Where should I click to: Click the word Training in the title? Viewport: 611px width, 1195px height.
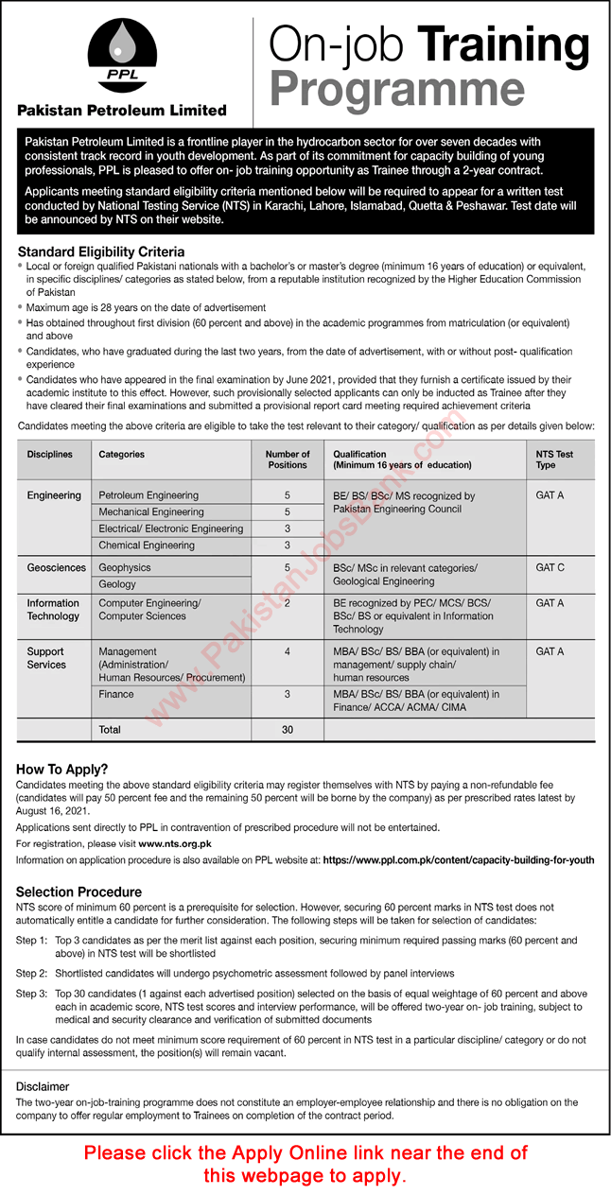point(503,45)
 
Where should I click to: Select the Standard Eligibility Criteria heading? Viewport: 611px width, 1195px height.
point(101,252)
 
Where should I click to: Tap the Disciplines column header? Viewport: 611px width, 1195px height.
point(50,455)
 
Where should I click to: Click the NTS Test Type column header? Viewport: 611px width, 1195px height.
point(554,459)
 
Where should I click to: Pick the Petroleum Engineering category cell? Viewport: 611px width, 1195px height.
point(148,495)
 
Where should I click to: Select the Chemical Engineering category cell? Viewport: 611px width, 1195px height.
point(147,546)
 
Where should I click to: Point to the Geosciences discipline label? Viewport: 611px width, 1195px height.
point(57,567)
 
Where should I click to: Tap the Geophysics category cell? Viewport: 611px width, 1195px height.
point(125,567)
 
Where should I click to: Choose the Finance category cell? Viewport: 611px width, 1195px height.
point(116,694)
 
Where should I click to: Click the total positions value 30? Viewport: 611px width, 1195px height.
point(288,730)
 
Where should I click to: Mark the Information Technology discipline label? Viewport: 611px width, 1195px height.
point(53,610)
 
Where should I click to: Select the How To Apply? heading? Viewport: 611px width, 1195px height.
point(62,770)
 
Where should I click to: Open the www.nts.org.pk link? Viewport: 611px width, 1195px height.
point(175,843)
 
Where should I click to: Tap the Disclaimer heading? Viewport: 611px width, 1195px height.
point(43,1087)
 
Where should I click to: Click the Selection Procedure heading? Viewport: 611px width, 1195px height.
point(79,892)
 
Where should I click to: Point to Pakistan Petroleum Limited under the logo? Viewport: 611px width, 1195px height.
point(123,111)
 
